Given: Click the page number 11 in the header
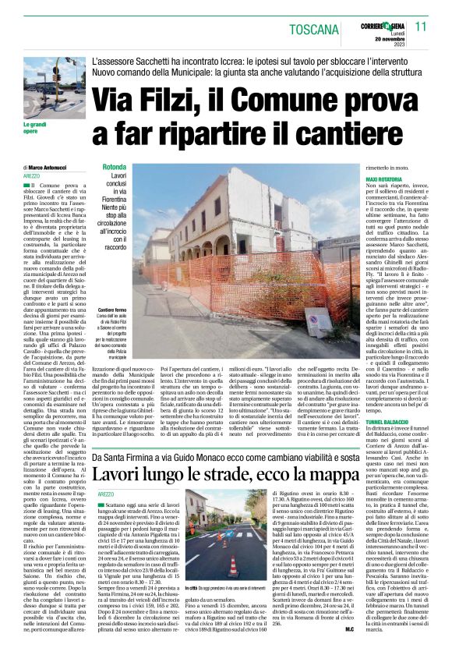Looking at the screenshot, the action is (x=422, y=27).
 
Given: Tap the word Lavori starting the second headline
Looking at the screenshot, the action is (x=118, y=452).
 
